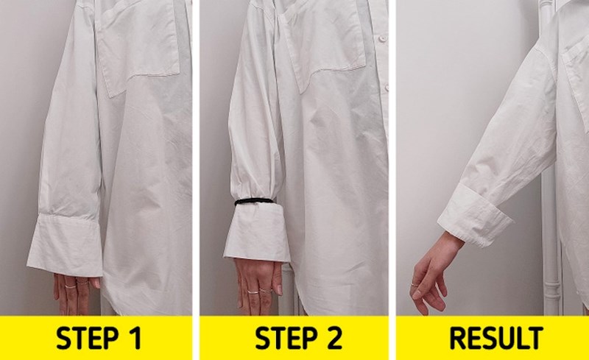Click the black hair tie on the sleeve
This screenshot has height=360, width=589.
click(x=254, y=202)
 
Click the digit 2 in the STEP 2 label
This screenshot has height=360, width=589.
click(x=332, y=338)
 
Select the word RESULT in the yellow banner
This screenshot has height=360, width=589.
click(x=495, y=338)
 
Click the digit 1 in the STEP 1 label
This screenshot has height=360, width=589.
click(x=136, y=338)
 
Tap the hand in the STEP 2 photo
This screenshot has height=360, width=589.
click(x=258, y=286)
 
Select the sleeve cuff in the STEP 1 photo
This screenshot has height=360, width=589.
click(x=66, y=245)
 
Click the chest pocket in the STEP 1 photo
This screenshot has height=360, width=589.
click(x=137, y=47)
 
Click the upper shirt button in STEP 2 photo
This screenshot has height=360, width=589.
click(x=382, y=39)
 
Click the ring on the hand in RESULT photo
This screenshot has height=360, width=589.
click(x=415, y=285)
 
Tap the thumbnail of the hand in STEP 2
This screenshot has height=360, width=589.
click(x=279, y=290)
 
